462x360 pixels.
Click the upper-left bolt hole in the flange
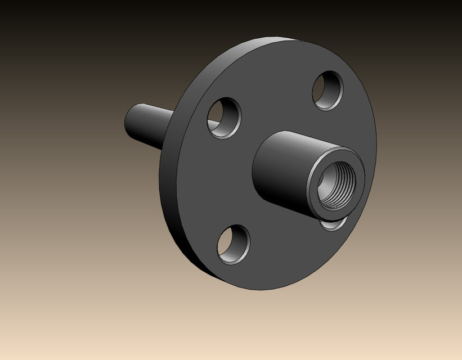tap(225, 118)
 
